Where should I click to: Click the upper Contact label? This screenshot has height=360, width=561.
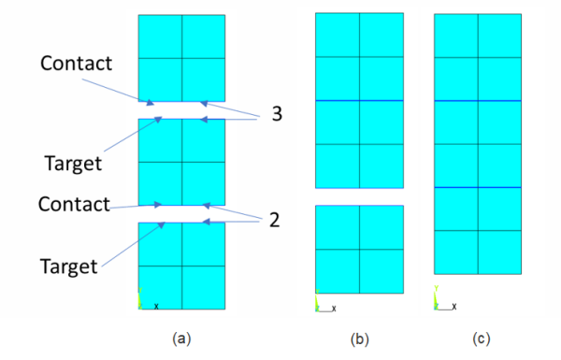point(76,65)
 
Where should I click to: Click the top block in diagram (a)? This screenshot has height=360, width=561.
point(181,58)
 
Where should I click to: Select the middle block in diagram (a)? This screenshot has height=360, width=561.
point(181,162)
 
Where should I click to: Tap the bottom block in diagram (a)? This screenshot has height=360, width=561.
point(181,266)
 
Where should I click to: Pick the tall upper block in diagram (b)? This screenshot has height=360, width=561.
point(359,100)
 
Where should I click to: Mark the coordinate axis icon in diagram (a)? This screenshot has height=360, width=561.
point(143,301)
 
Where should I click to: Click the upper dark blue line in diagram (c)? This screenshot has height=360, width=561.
point(477,100)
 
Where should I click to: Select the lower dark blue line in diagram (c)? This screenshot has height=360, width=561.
point(477,188)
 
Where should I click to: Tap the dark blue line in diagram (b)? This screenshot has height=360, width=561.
point(359,100)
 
